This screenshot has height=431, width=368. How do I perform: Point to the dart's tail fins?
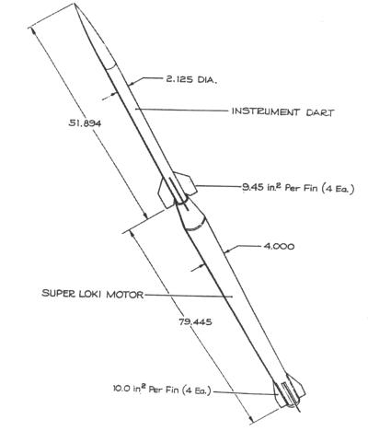pyautogui.click(x=180, y=191)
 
